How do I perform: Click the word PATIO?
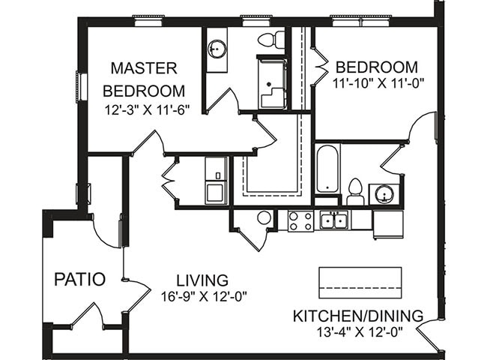coord(79,279)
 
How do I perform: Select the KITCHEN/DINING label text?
coord(357,315)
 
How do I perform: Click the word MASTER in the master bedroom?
coord(144,69)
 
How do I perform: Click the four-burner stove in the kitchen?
coord(301,220)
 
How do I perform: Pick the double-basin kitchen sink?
coord(333,220)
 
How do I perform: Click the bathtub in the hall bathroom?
coord(328,169)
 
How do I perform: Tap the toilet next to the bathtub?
coord(355,191)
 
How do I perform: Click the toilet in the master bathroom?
coord(270,39)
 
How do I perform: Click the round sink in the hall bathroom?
coord(384,194)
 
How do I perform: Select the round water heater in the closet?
coord(264,218)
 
